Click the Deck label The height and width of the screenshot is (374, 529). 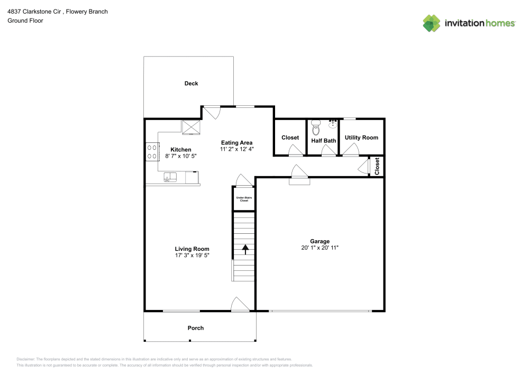coord(191,84)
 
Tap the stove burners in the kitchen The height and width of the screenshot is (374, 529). coord(152,152)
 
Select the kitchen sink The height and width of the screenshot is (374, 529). coord(170,177)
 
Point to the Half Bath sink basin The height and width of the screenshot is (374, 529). coord(333,125)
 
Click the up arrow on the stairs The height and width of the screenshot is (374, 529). coord(245,249)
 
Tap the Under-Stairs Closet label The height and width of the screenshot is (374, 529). coord(244,199)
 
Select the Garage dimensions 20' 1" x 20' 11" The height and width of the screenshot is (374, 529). coord(320,248)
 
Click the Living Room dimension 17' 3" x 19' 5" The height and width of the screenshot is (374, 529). coord(192,256)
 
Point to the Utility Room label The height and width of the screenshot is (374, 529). coord(361,138)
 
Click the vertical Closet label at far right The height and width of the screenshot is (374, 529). coord(377,167)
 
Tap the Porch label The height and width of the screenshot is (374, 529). coord(196,328)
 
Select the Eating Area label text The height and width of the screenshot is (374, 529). coord(236,142)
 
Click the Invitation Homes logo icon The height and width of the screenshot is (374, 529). coord(431,23)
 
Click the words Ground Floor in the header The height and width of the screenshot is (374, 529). coord(25,21)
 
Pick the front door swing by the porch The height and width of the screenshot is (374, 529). coord(240,304)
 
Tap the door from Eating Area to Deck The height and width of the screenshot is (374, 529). coord(213,112)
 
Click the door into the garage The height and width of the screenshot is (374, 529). coord(299,174)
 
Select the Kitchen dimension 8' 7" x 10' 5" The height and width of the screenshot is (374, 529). coord(181,157)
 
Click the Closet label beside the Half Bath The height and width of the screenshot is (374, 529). coord(290,138)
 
